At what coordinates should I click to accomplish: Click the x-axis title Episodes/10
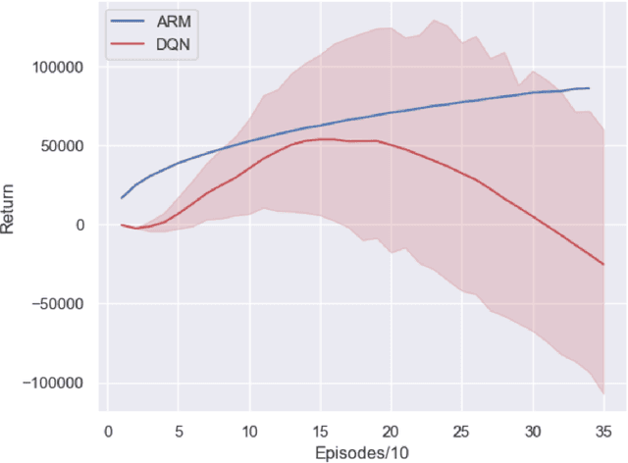(x=362, y=452)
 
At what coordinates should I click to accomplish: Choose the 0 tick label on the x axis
(x=108, y=431)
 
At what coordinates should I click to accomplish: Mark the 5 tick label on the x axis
(x=179, y=431)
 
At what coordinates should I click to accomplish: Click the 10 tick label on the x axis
(x=249, y=431)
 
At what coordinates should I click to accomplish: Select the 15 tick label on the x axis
(x=320, y=431)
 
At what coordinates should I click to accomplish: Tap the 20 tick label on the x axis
(x=391, y=431)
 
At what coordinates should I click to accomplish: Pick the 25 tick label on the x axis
(x=461, y=431)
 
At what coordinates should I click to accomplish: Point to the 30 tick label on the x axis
(x=532, y=431)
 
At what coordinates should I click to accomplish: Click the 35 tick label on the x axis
(x=602, y=431)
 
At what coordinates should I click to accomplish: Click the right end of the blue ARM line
(x=589, y=88)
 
